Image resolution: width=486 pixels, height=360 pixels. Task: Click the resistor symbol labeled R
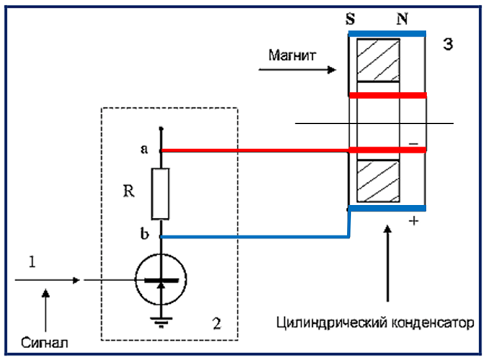click(160, 194)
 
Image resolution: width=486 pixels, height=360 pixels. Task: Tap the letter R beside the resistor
click(128, 191)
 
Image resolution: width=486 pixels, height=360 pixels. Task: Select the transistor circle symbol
click(161, 279)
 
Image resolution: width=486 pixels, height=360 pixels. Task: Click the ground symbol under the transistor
click(161, 322)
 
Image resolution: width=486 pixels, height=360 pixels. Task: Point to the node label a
click(144, 149)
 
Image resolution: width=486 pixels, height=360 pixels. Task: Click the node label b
click(144, 233)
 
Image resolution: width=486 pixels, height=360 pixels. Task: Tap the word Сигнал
click(45, 343)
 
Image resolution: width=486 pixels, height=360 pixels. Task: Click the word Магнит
click(292, 55)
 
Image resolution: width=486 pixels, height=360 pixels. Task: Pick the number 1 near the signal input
click(32, 262)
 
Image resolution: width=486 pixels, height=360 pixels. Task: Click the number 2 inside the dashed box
click(216, 324)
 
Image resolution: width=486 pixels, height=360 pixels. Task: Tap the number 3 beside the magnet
click(448, 44)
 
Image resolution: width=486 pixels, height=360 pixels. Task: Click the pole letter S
click(350, 19)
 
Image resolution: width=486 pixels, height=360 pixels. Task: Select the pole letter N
click(402, 19)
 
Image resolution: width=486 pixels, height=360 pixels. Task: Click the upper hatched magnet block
click(378, 60)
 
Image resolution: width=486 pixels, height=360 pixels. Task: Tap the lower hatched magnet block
click(378, 181)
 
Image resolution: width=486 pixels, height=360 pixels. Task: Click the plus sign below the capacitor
click(413, 221)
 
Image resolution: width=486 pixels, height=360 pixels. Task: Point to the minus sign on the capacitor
click(413, 144)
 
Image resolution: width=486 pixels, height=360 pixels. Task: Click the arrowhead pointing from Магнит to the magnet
click(332, 69)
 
